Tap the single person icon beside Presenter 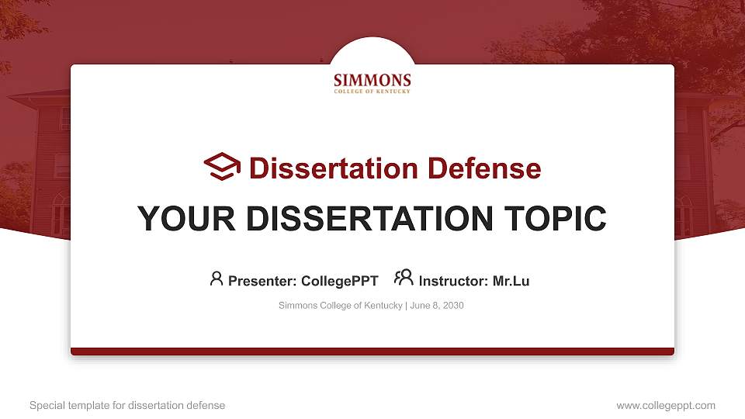pyautogui.click(x=217, y=278)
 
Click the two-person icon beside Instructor pyautogui.click(x=404, y=278)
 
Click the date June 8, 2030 pyautogui.click(x=436, y=306)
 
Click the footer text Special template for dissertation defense pyautogui.click(x=127, y=405)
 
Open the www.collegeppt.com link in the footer pyautogui.click(x=666, y=405)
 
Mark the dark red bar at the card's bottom pyautogui.click(x=372, y=351)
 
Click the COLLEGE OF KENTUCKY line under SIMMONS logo pyautogui.click(x=372, y=91)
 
